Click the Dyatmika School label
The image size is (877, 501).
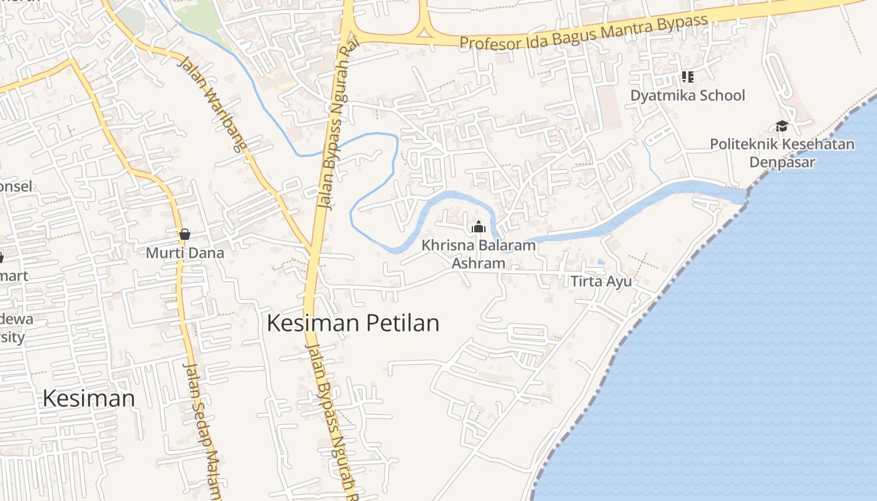pyautogui.click(x=687, y=95)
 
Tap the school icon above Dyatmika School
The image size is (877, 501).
pyautogui.click(x=687, y=77)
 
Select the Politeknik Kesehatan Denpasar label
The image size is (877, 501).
pyautogui.click(x=782, y=153)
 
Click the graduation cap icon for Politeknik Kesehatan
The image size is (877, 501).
pyautogui.click(x=782, y=127)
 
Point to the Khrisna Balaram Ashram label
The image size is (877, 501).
pyautogui.click(x=479, y=254)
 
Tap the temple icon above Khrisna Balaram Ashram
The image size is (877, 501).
pyautogui.click(x=479, y=227)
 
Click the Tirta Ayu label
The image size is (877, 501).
pyautogui.click(x=601, y=281)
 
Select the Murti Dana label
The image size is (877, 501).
pyautogui.click(x=185, y=253)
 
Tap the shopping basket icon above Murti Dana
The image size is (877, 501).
pyautogui.click(x=184, y=235)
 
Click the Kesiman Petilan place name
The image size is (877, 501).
pyautogui.click(x=353, y=323)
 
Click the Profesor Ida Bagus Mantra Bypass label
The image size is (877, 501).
pyautogui.click(x=584, y=33)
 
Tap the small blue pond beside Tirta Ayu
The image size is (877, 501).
pyautogui.click(x=601, y=262)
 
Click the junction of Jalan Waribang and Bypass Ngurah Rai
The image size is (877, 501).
pyautogui.click(x=311, y=250)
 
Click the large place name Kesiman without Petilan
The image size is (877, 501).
pyautogui.click(x=89, y=398)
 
